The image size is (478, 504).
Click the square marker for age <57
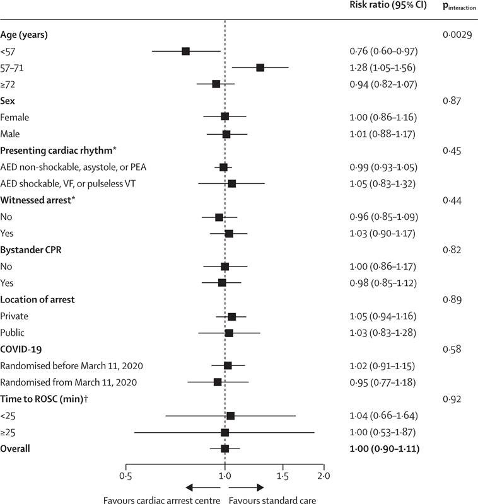tap(185, 51)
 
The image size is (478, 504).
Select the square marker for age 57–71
tap(260, 67)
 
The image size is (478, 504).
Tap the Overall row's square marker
tap(225, 449)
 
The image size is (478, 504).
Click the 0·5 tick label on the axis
tap(125, 476)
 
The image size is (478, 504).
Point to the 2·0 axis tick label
tap(324, 476)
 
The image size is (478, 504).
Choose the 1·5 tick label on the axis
tap(283, 476)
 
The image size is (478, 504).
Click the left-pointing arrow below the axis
tap(203, 488)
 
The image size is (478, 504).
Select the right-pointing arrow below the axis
tap(247, 488)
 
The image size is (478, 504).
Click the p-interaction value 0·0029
tap(457, 35)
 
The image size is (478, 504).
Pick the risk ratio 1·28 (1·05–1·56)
tap(383, 68)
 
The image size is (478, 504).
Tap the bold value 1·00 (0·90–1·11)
tap(385, 449)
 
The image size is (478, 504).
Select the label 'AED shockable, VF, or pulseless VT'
tap(68, 183)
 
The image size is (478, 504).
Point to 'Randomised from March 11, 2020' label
tap(69, 382)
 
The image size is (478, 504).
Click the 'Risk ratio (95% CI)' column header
tap(388, 5)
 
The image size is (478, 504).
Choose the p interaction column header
tap(459, 6)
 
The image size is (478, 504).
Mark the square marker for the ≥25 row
tap(225, 432)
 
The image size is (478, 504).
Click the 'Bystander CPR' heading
tap(31, 249)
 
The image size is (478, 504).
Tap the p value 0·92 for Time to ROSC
tap(452, 399)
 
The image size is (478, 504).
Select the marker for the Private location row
tap(231, 317)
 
